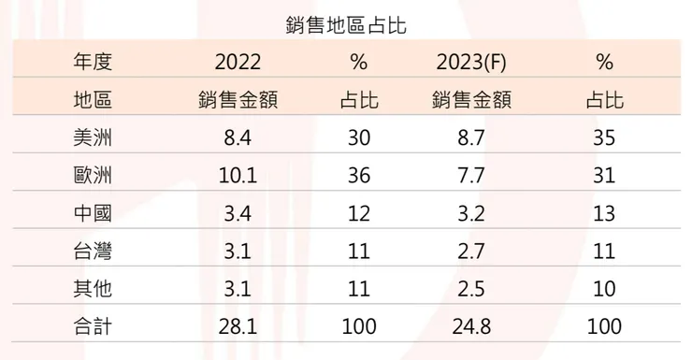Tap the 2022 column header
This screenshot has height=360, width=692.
click(x=238, y=64)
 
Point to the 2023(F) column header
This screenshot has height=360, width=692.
click(x=471, y=64)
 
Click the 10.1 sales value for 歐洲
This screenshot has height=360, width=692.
click(x=238, y=176)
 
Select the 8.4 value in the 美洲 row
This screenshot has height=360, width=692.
click(x=238, y=138)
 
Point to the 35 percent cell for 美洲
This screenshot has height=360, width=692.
click(x=603, y=138)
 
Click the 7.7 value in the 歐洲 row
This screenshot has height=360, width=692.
click(x=471, y=176)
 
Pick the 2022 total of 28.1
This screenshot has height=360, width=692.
click(x=238, y=326)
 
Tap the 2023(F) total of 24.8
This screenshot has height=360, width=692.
click(x=471, y=326)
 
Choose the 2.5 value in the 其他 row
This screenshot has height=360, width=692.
click(x=471, y=289)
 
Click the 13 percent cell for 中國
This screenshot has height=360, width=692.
click(x=603, y=213)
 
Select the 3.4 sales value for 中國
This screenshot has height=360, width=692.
click(x=238, y=213)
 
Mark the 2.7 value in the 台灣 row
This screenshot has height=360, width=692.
click(x=471, y=251)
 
